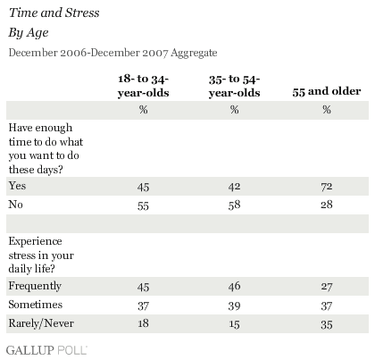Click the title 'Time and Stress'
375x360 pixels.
point(54,13)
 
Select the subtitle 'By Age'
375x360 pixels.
point(29,32)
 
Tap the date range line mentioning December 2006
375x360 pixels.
point(112,53)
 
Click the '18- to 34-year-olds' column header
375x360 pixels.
point(143,86)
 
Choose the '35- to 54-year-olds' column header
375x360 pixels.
point(234,86)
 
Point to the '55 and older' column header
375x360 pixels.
point(327,91)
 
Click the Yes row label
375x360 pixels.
point(17,186)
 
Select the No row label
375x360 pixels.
point(15,205)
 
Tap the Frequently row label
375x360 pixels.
point(35,286)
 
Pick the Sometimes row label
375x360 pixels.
point(36,305)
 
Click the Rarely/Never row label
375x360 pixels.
point(41,323)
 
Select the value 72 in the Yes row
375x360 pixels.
point(327,187)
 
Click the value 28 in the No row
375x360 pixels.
point(327,205)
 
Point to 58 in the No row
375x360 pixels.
point(234,205)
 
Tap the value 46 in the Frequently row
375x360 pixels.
point(234,286)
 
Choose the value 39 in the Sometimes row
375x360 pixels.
point(234,306)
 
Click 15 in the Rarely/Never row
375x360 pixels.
point(234,324)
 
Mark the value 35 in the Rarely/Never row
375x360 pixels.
point(327,324)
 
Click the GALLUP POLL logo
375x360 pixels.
point(46,350)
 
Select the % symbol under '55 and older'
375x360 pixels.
point(327,110)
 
